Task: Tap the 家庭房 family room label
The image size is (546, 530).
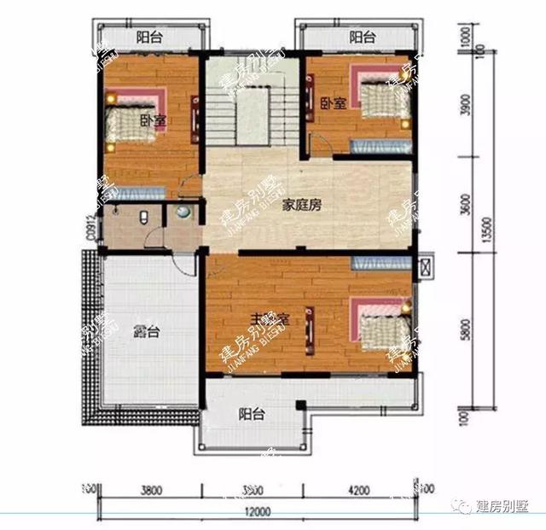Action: coord(303,206)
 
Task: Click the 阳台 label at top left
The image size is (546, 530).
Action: coord(148,38)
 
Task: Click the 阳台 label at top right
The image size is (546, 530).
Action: coord(363,38)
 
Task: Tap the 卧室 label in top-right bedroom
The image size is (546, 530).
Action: coord(333,103)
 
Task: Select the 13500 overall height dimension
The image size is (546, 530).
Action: coord(485,230)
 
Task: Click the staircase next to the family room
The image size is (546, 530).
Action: coord(252,107)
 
